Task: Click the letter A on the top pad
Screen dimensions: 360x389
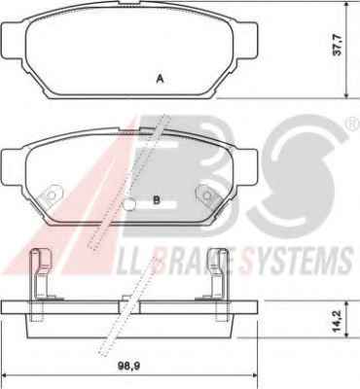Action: coord(160,79)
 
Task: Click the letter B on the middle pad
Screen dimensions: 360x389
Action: coord(157,200)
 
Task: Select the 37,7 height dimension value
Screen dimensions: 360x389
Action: coord(338,45)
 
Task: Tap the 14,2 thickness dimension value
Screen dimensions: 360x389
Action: coord(338,322)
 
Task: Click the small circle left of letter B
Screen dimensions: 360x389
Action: coord(129,204)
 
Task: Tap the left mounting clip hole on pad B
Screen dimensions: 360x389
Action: coord(51,195)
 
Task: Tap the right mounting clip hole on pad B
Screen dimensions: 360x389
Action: coord(207,195)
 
